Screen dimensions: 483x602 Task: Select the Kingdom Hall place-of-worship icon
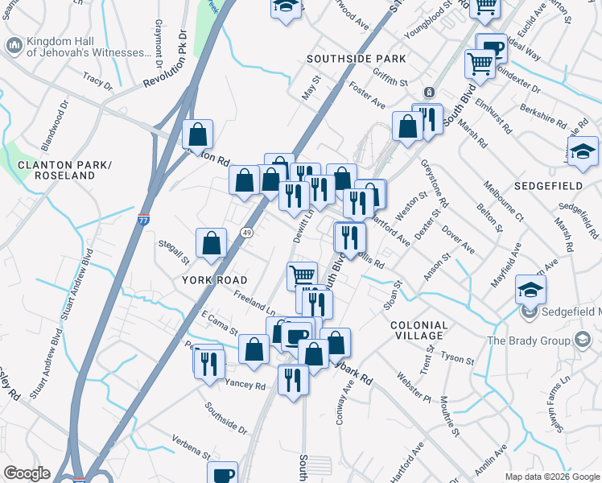[14, 46]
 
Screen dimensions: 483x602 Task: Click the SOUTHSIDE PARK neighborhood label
[357, 59]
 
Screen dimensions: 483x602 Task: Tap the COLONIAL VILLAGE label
[419, 330]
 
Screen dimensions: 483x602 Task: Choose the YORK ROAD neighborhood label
[209, 279]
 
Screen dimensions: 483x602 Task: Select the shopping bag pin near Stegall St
[211, 242]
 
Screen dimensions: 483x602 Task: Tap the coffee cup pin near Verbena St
[222, 474]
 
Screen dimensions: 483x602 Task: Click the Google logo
[27, 473]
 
